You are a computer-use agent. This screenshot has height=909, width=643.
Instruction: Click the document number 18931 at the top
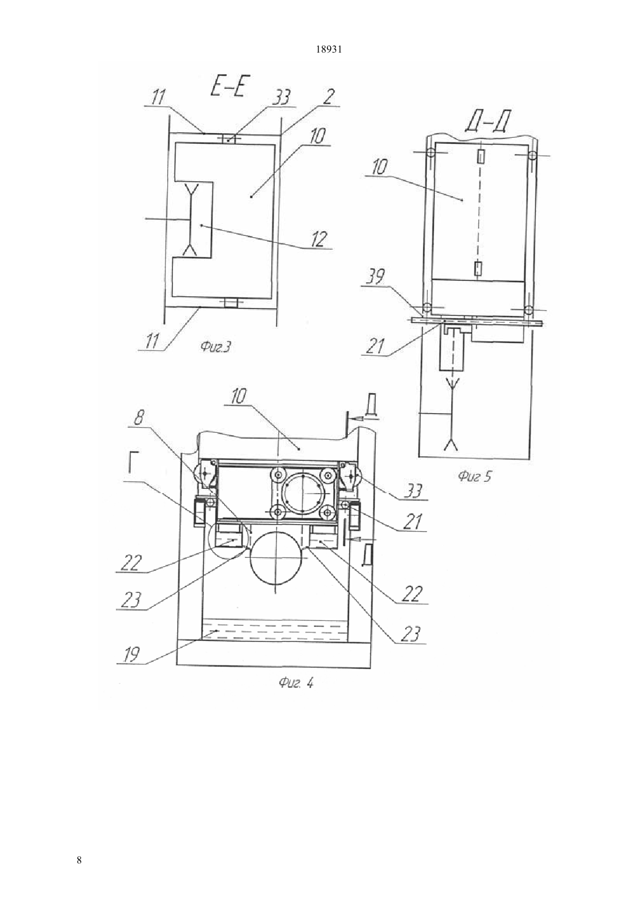click(329, 50)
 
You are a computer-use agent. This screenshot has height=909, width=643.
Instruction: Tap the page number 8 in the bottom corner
click(79, 860)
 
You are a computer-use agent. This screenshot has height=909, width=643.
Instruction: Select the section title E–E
click(228, 86)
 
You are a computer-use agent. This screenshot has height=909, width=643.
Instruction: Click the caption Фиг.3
click(216, 346)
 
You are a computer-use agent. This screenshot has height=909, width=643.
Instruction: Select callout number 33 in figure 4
click(413, 491)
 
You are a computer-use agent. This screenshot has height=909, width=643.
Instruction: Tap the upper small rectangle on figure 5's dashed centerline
click(481, 155)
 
